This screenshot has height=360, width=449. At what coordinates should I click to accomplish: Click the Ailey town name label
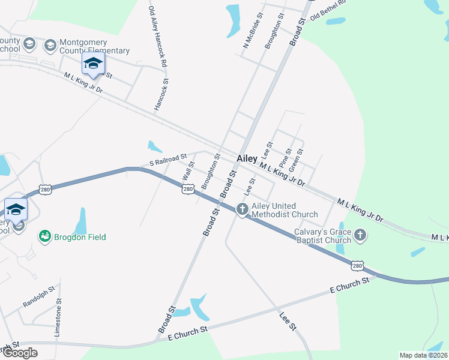247,158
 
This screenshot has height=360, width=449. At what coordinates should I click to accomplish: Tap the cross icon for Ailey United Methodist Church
243,209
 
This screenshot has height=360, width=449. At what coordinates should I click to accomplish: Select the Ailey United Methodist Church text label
285,210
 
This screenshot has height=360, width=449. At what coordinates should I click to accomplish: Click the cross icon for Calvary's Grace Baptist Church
360,235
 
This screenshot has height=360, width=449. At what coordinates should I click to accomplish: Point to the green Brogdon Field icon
44,237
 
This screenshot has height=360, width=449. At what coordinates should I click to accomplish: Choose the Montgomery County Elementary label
95,47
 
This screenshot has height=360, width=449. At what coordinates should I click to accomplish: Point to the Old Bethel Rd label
328,10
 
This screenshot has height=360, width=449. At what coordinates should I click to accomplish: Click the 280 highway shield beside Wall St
188,189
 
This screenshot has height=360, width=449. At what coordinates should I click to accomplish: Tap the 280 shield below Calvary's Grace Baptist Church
357,265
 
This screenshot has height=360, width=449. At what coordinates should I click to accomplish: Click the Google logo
20,353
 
